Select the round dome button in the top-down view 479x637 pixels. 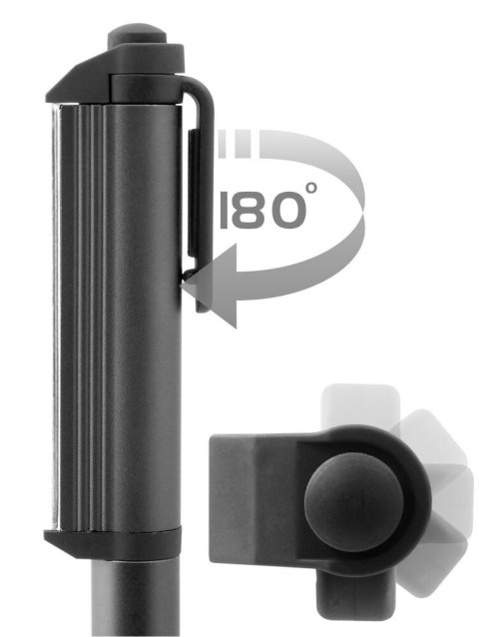[x=352, y=495]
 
